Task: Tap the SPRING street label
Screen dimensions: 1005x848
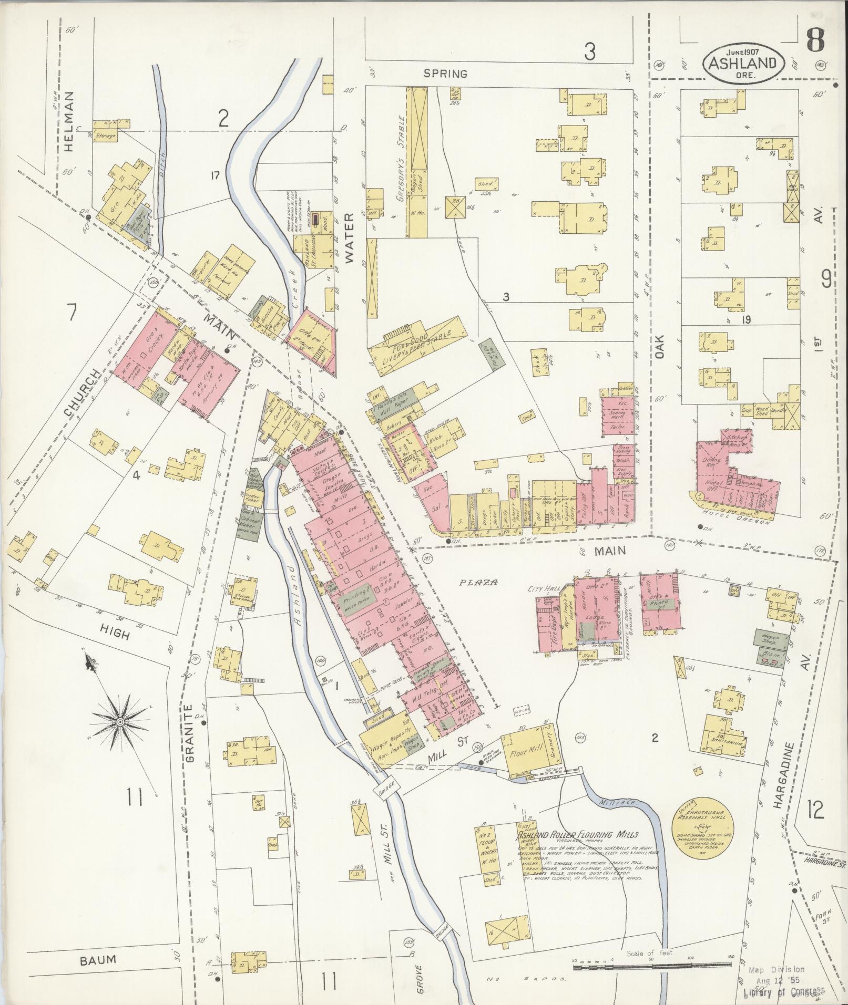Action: pos(446,74)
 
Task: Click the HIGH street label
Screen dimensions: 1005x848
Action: pos(115,634)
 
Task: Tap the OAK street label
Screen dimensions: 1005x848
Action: pos(660,347)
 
